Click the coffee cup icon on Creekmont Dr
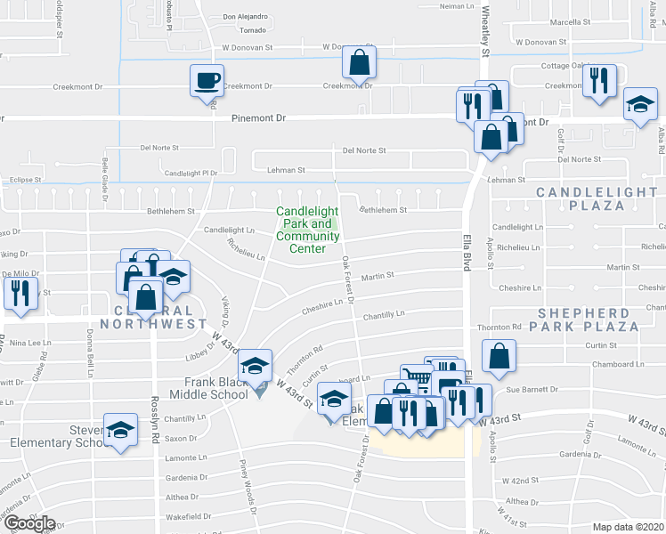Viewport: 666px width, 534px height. click(x=207, y=81)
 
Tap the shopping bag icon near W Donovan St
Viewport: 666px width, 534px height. click(x=360, y=62)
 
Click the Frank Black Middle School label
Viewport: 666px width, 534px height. click(x=203, y=388)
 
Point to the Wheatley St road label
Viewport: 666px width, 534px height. click(x=486, y=31)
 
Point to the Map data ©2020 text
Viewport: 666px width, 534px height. click(x=629, y=527)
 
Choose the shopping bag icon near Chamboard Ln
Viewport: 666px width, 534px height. click(x=499, y=356)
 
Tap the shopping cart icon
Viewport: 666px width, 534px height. click(x=416, y=378)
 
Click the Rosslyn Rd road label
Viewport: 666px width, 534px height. click(x=154, y=415)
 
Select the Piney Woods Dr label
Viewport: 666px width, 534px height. click(x=248, y=486)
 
